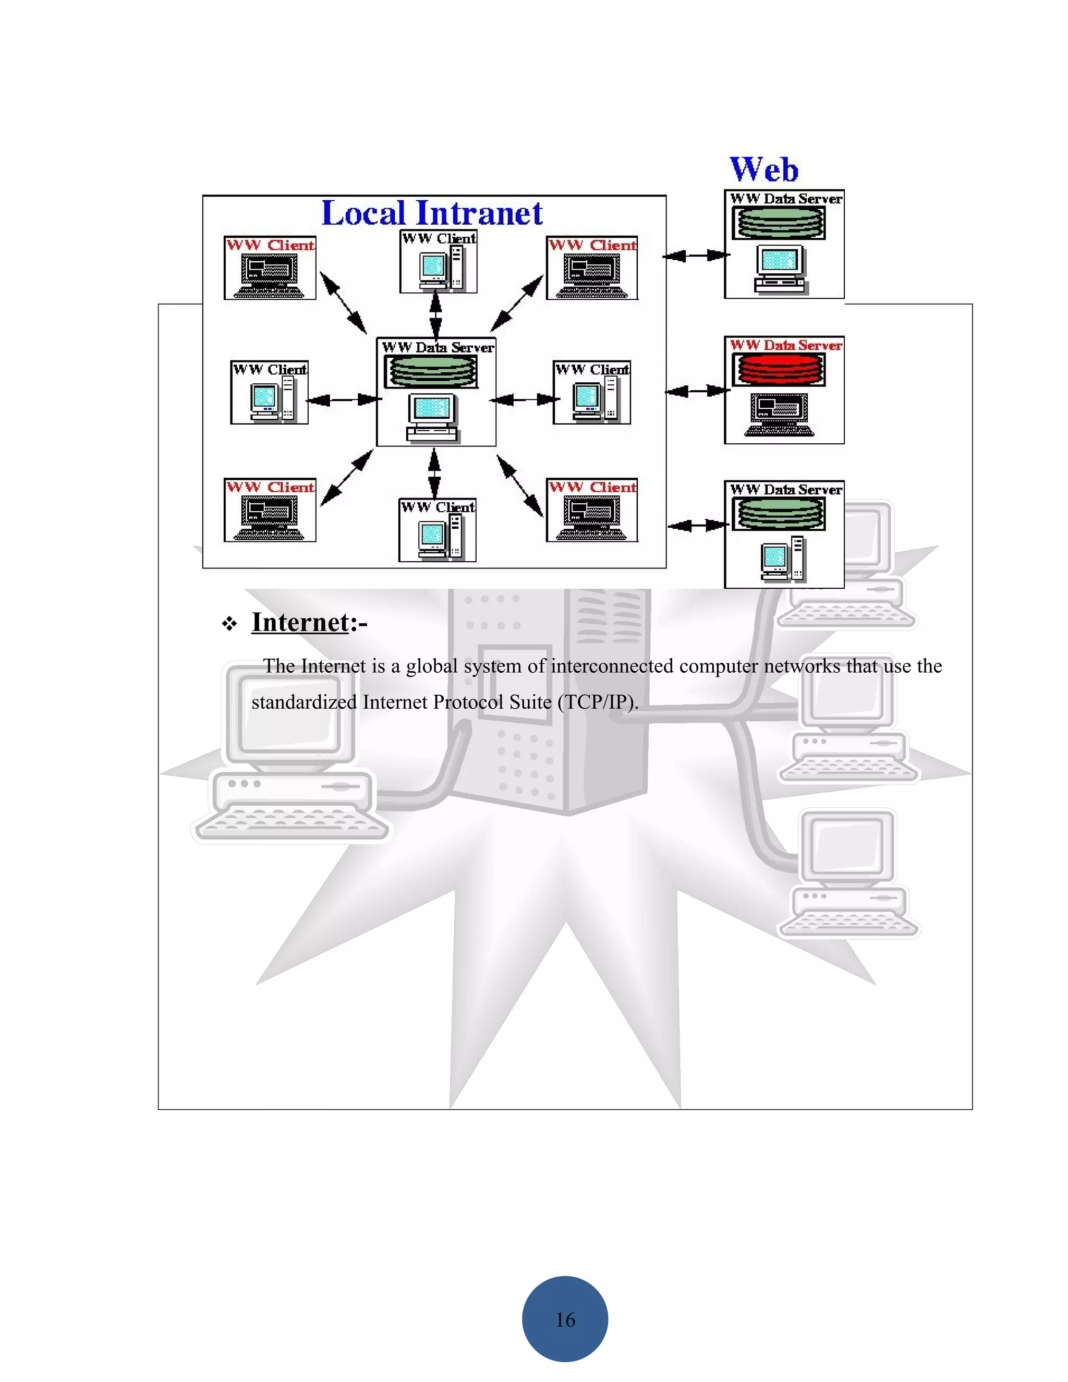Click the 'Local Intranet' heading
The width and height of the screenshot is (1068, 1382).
[x=432, y=213]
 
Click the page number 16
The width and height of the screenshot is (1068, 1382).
[x=565, y=1319]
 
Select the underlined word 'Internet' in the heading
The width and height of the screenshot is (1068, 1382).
[x=300, y=623]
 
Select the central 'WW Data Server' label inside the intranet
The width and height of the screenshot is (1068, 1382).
[x=438, y=347]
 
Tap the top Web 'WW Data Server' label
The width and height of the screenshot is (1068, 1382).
[x=786, y=199]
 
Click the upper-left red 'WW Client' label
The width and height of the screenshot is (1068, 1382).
[x=270, y=245]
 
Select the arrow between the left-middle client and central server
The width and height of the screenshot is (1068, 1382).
[x=344, y=399]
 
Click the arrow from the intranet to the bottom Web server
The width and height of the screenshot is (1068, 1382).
[x=697, y=525]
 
